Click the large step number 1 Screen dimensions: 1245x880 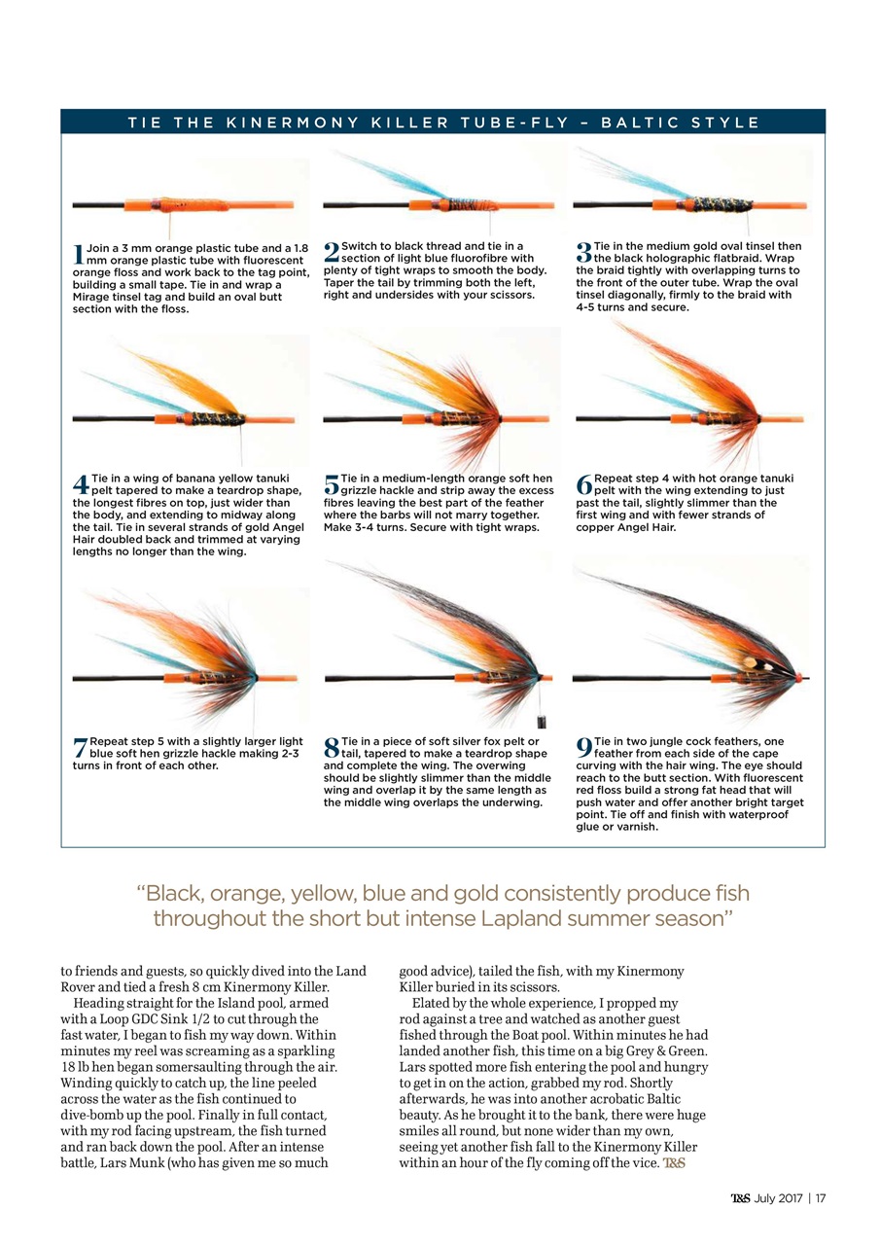click(x=78, y=255)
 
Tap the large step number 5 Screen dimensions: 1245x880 click(x=331, y=483)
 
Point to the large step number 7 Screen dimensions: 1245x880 click(x=80, y=747)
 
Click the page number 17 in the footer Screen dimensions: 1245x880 click(x=820, y=1197)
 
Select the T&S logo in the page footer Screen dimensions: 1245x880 click(x=741, y=1197)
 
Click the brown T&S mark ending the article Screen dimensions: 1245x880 click(x=674, y=1165)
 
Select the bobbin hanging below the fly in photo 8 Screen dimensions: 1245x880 click(x=542, y=722)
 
